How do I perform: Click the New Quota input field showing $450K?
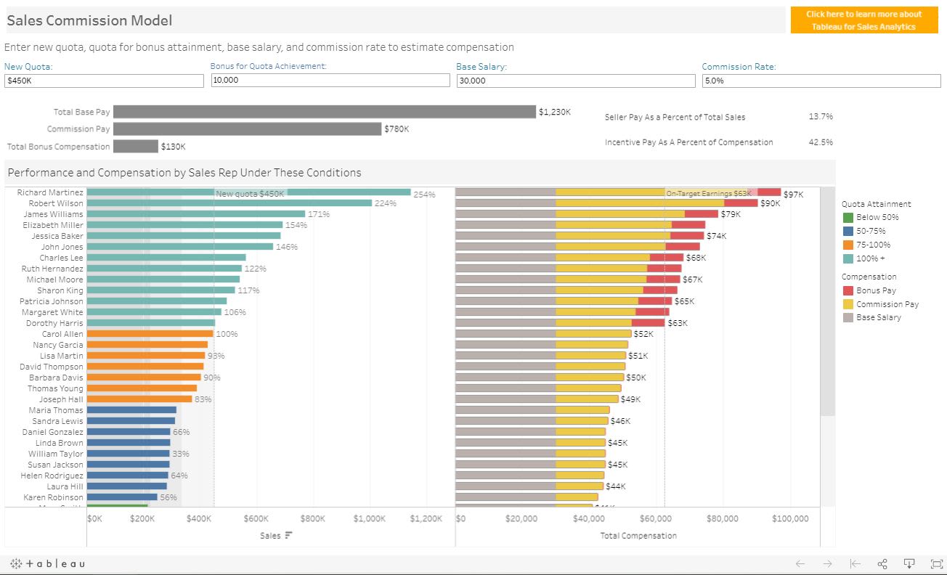coord(104,81)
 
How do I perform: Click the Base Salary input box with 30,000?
coord(575,81)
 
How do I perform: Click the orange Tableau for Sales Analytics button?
coord(863,20)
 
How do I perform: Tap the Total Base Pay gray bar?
coord(324,112)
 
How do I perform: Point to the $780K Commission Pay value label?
coord(397,129)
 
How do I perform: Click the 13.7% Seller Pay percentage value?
coord(820,117)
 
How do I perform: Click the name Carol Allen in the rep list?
coord(62,334)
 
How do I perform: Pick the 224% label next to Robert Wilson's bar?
coord(385,203)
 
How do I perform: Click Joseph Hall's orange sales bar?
coord(139,399)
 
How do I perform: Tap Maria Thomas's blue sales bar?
coord(131,410)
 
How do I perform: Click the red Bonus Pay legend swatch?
coord(848,290)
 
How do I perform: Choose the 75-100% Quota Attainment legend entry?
coord(872,245)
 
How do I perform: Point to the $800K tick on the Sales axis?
coord(312,518)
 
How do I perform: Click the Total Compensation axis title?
coord(638,536)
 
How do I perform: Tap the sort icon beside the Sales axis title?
coord(288,535)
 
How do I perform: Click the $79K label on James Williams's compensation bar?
coord(731,214)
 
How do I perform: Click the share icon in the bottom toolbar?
coord(882,563)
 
